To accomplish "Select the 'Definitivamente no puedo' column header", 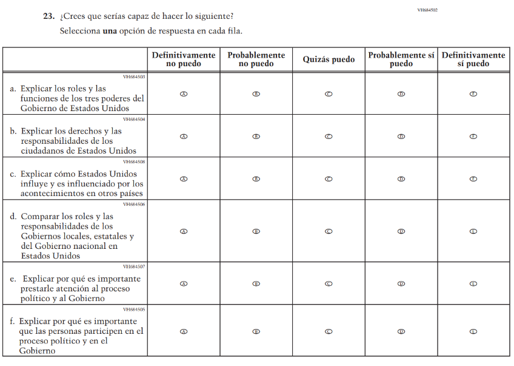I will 184,59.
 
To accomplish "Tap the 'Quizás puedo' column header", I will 329,59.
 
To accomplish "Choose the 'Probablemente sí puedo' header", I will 401,59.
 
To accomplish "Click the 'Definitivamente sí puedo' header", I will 473,59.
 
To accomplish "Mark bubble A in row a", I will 184,94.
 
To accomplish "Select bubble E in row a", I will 473,94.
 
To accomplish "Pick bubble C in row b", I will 329,137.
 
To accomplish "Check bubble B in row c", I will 256,179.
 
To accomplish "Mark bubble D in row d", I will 401,231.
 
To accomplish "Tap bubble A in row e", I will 184,283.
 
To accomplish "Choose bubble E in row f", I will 473,331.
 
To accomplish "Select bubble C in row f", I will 329,331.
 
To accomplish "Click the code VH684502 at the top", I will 427,10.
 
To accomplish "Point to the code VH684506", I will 134,205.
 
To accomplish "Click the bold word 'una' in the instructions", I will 109,30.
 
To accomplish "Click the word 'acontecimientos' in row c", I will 52,194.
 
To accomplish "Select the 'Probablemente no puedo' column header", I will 256,59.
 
